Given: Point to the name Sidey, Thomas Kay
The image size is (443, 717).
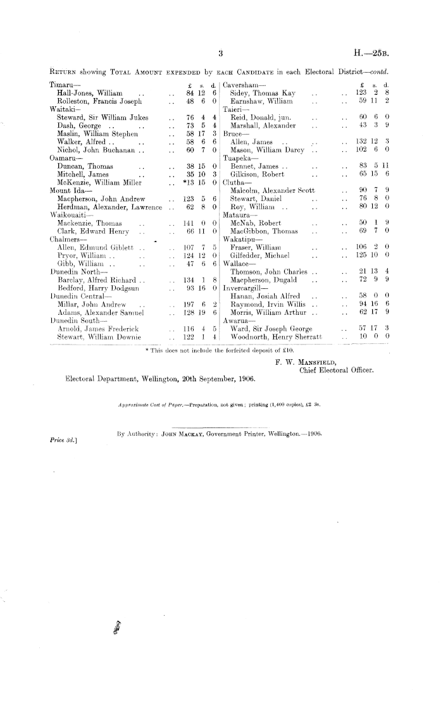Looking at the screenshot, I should (x=262, y=92).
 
